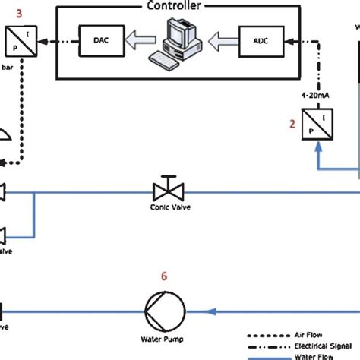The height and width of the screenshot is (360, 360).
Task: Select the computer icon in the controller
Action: (x=180, y=38)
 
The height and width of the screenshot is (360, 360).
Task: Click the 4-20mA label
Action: (x=315, y=96)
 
